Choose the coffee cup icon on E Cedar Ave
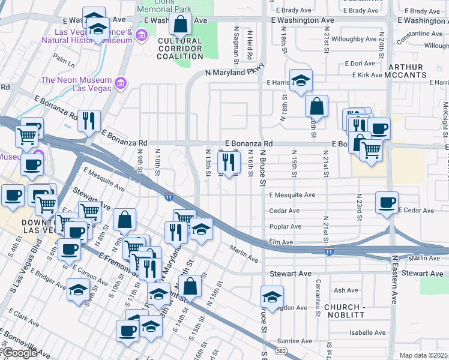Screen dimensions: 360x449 [x=387, y=202]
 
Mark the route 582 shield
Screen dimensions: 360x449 [x=282, y=350]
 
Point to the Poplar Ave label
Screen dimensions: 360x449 [x=286, y=226]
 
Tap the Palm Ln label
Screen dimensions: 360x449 [x=63, y=59]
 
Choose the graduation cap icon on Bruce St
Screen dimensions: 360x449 [x=272, y=298]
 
